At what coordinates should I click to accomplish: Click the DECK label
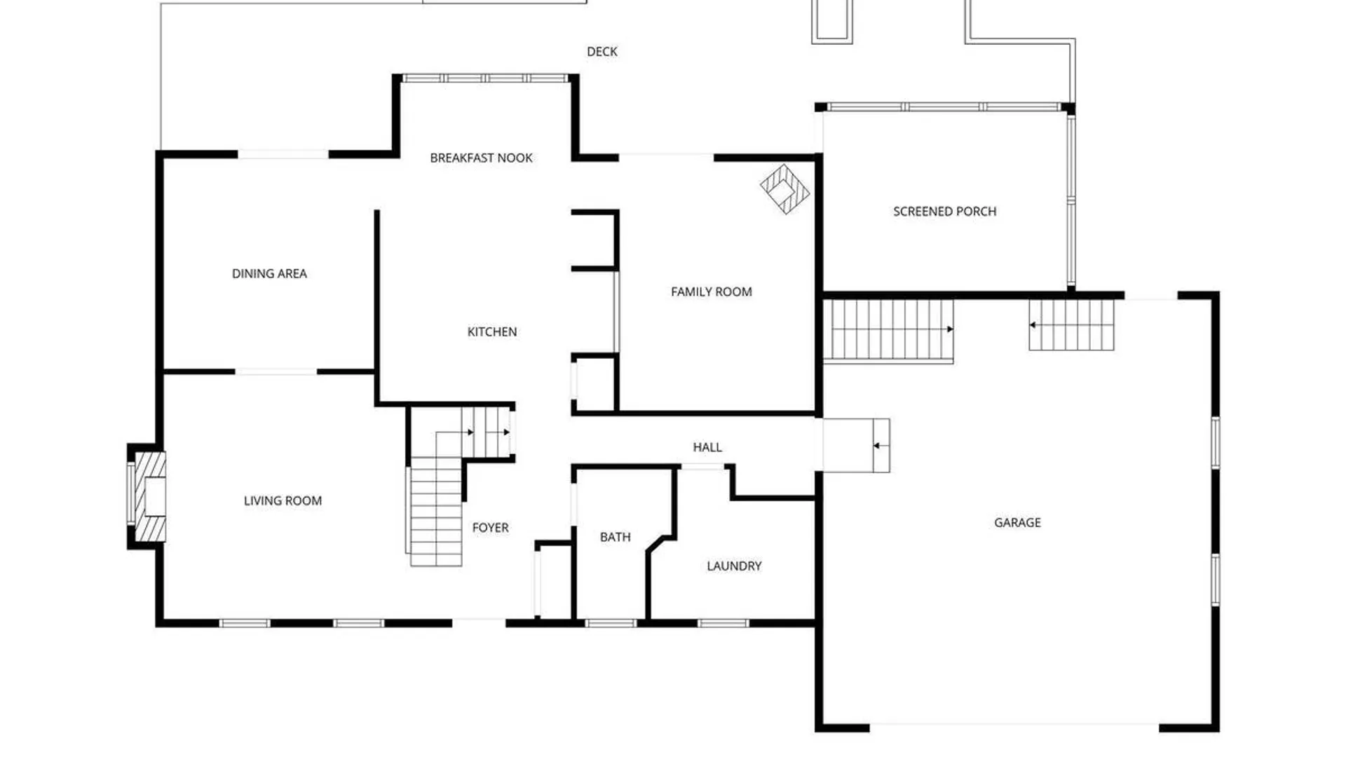602,52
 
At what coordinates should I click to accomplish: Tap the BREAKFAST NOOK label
481,158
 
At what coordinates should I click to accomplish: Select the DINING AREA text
269,274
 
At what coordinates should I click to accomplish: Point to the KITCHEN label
492,332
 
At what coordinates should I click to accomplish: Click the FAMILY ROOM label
712,292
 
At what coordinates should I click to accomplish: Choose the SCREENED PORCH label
944,212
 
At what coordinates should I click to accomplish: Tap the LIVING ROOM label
283,501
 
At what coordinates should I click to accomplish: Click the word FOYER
491,528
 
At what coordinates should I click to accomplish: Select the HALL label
707,447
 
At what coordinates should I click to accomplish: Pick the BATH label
616,538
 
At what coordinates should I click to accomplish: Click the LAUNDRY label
734,566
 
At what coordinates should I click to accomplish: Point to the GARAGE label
1017,523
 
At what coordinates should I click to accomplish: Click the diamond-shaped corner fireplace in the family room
785,189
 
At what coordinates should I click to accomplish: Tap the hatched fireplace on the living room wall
149,497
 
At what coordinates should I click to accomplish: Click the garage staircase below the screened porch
888,331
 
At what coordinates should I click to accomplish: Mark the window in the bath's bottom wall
611,623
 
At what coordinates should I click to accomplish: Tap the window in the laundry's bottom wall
723,623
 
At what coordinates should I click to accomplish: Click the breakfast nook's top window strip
486,79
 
